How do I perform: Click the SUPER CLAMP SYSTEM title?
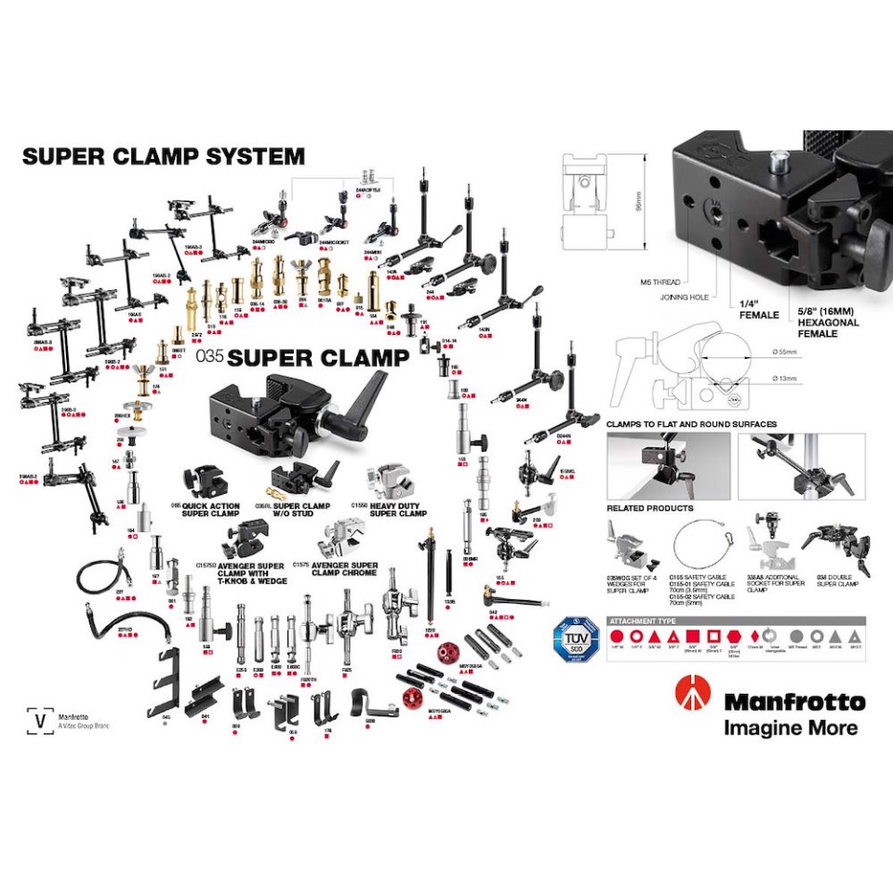point(163,156)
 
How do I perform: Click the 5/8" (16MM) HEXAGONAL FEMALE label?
point(828,323)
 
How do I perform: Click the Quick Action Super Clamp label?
point(206,510)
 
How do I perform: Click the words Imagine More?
point(791,727)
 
